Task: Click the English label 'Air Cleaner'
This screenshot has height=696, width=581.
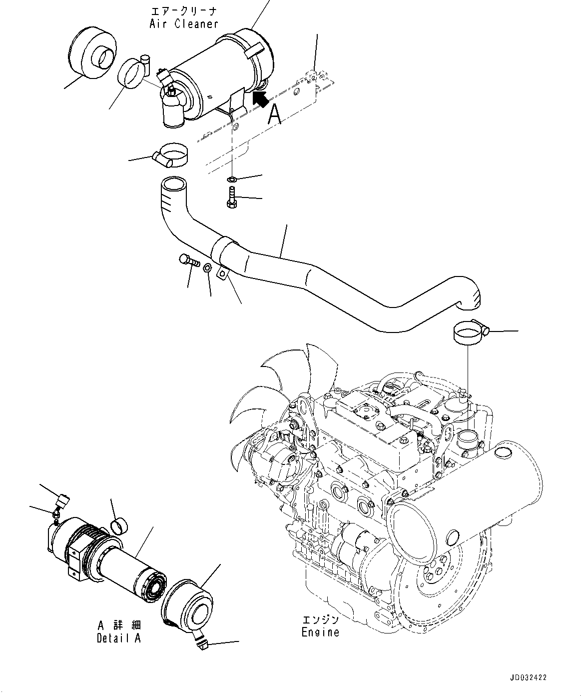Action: tap(184, 23)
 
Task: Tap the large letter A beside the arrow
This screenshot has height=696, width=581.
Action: tap(275, 114)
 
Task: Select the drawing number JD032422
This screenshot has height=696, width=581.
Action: tap(528, 677)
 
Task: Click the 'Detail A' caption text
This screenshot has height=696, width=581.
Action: tap(119, 638)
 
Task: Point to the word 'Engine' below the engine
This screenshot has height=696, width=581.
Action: tap(320, 632)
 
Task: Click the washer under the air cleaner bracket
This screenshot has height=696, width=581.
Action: tap(232, 179)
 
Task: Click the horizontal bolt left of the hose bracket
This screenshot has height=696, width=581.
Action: tap(188, 260)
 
